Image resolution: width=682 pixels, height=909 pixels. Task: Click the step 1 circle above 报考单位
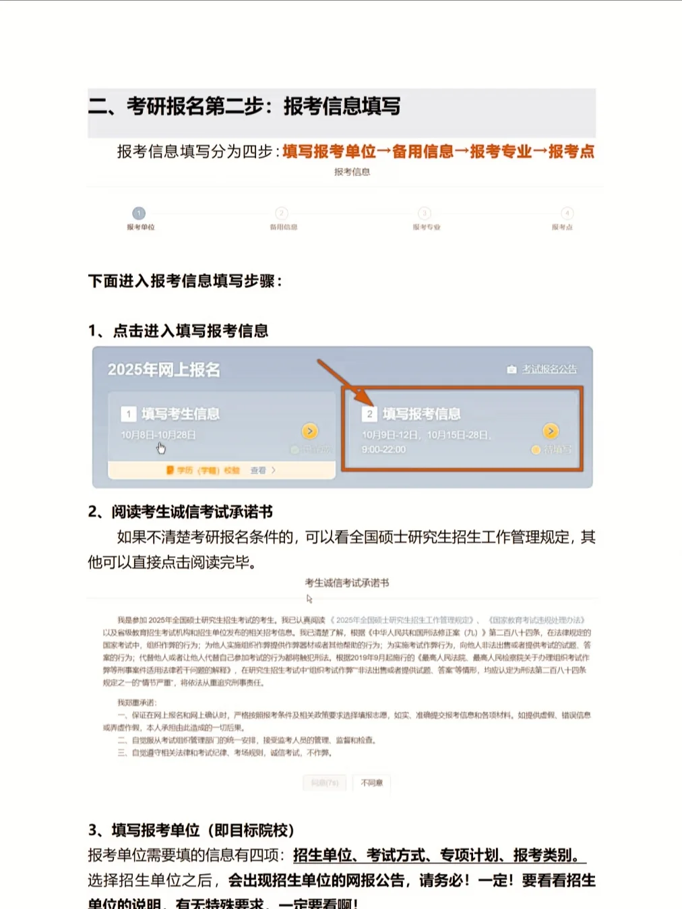tap(139, 213)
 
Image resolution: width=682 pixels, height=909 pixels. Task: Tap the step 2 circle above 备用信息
tap(282, 213)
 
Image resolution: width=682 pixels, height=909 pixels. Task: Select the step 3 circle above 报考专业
tap(425, 213)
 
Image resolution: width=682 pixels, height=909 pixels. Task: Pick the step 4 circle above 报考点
tap(567, 213)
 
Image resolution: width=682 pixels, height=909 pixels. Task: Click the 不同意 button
tap(371, 783)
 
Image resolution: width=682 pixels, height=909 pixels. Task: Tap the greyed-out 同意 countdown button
tap(325, 783)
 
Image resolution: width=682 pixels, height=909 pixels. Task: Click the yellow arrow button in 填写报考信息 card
tap(551, 431)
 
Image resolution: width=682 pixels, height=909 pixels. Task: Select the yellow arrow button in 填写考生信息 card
tap(309, 431)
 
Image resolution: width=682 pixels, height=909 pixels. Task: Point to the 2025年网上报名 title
tap(164, 370)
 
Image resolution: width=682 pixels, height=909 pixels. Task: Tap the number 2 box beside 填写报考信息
tap(369, 414)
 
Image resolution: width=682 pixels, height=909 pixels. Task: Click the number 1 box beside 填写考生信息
tap(128, 414)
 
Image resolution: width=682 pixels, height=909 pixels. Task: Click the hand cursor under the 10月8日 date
tap(161, 448)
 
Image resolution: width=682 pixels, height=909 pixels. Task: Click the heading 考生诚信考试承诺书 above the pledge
tap(346, 583)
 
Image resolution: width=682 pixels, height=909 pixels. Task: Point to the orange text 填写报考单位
tap(329, 152)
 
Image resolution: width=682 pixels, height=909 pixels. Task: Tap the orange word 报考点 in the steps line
tap(571, 152)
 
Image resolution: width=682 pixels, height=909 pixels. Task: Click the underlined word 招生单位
tap(322, 856)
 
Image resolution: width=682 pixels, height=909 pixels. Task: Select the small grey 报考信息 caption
tap(352, 172)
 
